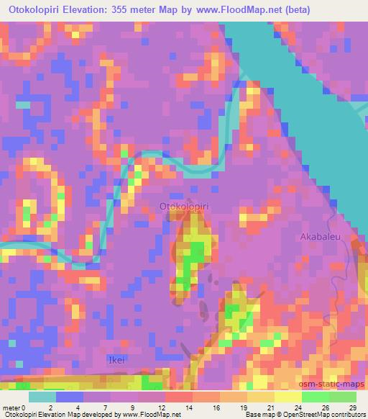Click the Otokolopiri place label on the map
184,207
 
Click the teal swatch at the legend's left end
42,396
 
